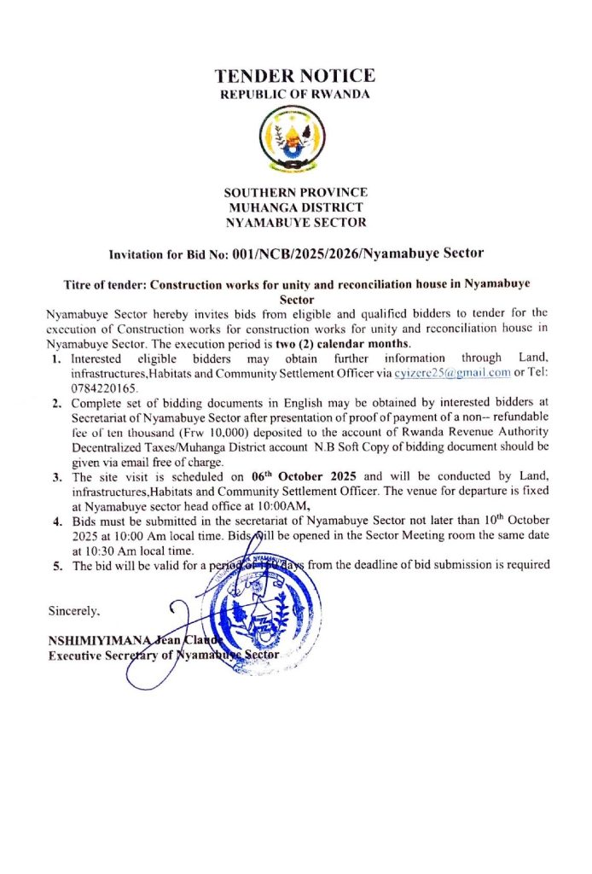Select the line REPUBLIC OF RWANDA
295,94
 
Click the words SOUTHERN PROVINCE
295,192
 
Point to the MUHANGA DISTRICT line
295,207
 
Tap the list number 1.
56,358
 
